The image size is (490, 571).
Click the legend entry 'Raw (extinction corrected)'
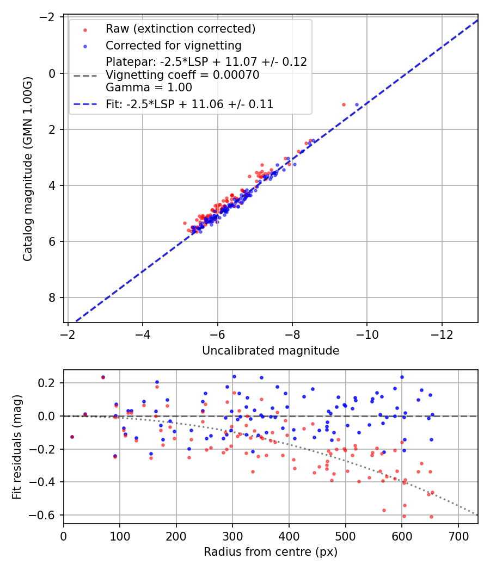[180, 29]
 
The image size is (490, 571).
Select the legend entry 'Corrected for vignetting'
[173, 45]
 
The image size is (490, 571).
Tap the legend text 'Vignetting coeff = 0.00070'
[182, 75]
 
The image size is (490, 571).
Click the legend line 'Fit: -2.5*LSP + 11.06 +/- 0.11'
[189, 104]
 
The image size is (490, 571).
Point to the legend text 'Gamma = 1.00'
[149, 87]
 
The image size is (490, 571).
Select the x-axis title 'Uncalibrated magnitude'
[271, 351]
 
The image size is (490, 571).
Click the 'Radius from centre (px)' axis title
[271, 552]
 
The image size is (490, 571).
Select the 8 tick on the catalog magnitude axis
[52, 297]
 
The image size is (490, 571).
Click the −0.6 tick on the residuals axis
[45, 515]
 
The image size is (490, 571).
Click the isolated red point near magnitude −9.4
[344, 104]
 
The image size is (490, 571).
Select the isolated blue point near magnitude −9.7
[357, 104]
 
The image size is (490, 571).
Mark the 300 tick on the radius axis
[232, 535]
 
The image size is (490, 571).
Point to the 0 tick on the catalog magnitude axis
[52, 73]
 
